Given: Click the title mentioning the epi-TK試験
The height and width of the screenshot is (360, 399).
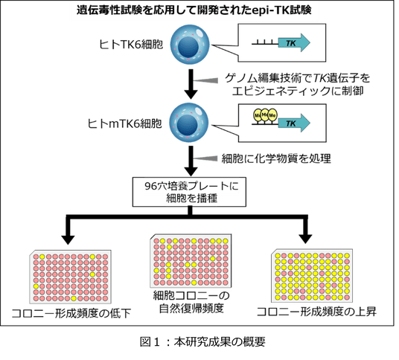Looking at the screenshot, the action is coord(194,10).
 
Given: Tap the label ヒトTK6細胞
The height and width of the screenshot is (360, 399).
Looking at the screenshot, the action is coord(131,45).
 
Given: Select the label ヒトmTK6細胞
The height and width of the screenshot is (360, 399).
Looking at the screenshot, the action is coord(125,123).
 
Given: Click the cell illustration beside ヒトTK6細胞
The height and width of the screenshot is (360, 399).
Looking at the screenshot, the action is coord(190,45).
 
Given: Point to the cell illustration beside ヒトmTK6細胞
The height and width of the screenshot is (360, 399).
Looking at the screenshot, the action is coord(189,123).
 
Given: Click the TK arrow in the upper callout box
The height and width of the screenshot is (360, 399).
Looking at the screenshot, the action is coord(294,42).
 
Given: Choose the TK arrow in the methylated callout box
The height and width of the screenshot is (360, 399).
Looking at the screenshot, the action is coord(294,123).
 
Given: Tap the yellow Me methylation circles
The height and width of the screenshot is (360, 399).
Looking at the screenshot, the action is coord(265,115).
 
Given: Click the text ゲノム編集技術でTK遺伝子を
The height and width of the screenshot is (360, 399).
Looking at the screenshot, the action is coord(297,78).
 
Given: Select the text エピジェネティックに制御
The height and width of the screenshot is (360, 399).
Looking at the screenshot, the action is coord(298,91).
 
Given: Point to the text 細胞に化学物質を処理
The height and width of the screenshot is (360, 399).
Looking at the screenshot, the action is coord(276,158).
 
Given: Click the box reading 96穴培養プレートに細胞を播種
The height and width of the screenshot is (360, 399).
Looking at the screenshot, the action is coord(189,192).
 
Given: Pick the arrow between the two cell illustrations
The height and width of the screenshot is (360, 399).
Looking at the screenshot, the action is coord(191,84).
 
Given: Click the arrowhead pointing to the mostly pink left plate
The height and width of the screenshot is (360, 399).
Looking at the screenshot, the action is coord(68,240).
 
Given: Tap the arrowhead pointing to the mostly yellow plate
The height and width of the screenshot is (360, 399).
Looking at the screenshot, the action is coord(305,239).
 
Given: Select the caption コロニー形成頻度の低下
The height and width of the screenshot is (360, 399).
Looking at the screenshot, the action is coord(71,313).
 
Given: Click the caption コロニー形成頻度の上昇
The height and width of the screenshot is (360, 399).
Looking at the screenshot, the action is coord(316,312).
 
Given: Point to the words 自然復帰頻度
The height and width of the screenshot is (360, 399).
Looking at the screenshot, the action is coord(191,309).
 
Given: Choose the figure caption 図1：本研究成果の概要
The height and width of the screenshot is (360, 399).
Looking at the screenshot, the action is coord(202,342).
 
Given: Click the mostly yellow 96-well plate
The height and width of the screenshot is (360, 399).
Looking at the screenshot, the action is coord(312,276).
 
